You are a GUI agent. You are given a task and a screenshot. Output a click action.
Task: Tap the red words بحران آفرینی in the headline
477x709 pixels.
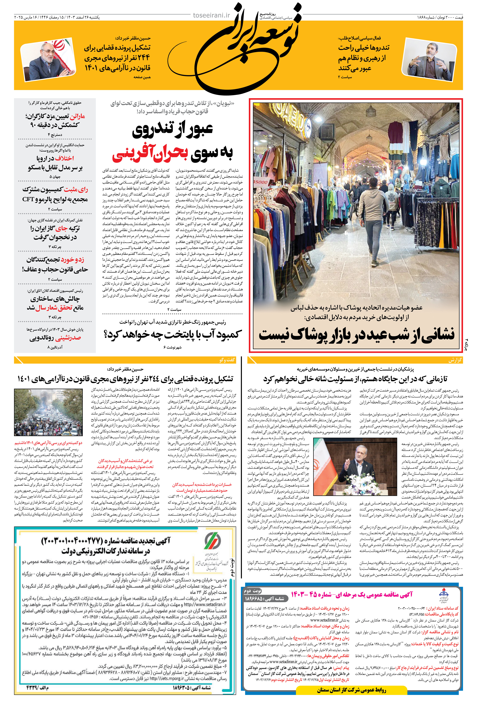(150, 154)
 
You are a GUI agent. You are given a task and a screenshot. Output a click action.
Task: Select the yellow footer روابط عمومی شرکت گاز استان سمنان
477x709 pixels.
(351, 690)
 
